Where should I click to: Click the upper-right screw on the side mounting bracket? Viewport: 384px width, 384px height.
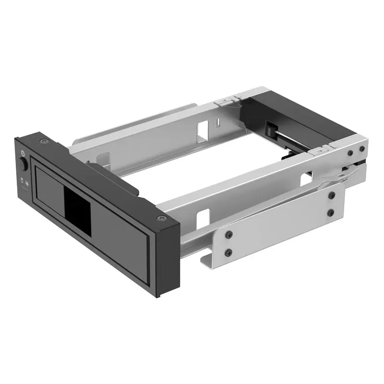[331, 195]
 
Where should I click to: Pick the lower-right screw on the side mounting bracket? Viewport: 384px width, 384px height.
[331, 212]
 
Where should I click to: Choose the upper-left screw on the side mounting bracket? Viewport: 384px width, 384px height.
[229, 234]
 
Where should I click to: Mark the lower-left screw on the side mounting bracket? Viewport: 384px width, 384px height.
[229, 251]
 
